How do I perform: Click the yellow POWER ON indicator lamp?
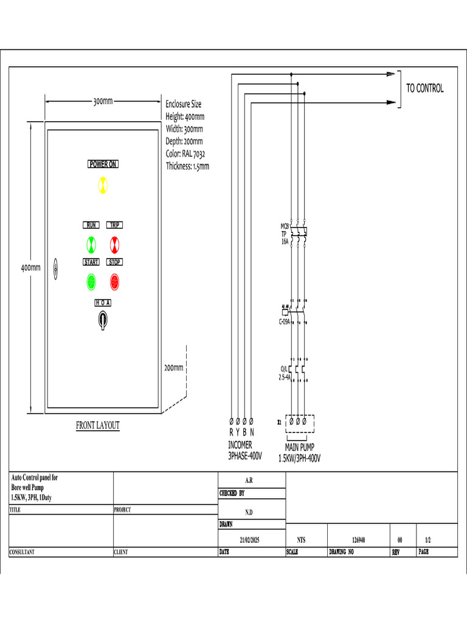103,185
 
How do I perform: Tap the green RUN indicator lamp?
91,245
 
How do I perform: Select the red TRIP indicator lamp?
115,245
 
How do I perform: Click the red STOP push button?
114,282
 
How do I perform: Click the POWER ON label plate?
103,164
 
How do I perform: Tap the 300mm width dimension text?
103,102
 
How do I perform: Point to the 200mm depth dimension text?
173,367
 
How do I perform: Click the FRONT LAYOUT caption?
97,425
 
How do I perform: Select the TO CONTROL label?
424,88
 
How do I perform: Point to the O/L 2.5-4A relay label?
284,372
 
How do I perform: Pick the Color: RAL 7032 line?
187,153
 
